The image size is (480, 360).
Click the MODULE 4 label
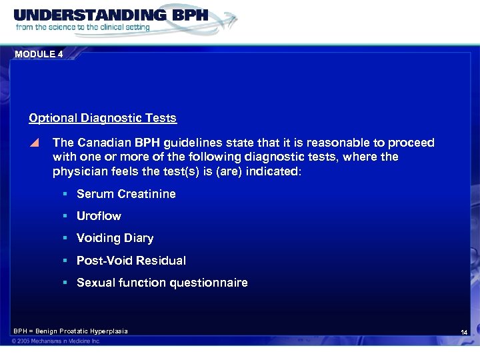(x=39, y=54)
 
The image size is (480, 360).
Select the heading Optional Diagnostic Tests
(x=103, y=118)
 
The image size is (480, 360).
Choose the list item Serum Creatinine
(x=126, y=194)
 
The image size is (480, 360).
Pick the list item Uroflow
(x=99, y=216)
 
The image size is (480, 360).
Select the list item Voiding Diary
(x=115, y=238)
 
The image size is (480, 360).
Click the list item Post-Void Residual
(x=131, y=260)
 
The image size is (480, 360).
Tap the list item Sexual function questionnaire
(x=162, y=283)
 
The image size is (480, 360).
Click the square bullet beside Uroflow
(x=66, y=216)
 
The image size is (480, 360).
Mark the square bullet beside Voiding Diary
(x=66, y=238)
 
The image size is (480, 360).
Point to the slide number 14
(x=464, y=332)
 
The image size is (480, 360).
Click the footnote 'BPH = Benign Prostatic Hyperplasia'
(x=71, y=331)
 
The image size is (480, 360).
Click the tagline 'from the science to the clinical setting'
(x=83, y=27)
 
